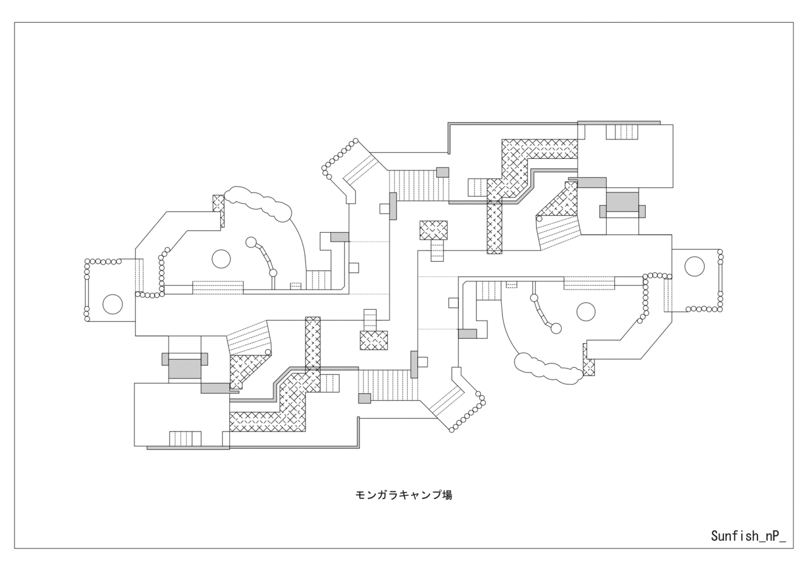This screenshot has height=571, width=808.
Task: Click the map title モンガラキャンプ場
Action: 404,495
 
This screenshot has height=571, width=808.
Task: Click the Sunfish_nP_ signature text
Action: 748,536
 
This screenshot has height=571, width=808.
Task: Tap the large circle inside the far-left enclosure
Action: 112,304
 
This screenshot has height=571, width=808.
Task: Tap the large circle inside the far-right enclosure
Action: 694,266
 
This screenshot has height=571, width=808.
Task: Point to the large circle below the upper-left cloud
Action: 221,259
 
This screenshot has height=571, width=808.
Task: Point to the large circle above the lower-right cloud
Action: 586,312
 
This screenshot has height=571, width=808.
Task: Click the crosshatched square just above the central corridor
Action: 434,230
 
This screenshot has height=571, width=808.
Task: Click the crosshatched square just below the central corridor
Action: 374,340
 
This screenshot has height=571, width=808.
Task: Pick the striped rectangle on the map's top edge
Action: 622,132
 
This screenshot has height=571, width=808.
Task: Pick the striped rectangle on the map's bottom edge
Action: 185,439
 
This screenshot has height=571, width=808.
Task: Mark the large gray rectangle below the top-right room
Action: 622,202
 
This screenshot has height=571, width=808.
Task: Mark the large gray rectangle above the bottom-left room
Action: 185,368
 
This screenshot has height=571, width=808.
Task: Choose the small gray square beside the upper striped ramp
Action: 443,172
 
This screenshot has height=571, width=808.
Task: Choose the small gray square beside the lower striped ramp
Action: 364,398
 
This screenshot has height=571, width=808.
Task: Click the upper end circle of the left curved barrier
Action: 251,242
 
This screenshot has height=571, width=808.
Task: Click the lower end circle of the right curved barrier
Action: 556,328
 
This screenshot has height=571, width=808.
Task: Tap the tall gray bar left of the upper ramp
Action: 393,206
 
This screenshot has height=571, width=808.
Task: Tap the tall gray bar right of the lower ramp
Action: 414,364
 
